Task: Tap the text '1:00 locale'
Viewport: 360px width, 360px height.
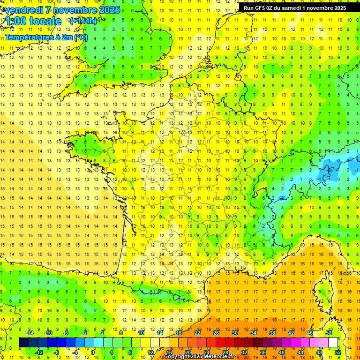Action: click(x=33, y=21)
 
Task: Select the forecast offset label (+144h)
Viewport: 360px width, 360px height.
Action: click(x=83, y=21)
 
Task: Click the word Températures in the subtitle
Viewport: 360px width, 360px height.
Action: click(x=28, y=37)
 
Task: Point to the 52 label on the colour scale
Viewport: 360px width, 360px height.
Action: click(x=337, y=352)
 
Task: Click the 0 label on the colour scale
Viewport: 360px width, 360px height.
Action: click(x=93, y=352)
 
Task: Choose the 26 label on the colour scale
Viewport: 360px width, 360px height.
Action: click(x=216, y=332)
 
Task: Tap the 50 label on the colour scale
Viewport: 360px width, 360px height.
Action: click(x=329, y=332)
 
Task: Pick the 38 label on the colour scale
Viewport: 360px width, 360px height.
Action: click(x=272, y=332)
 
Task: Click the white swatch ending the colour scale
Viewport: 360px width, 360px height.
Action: click(x=333, y=342)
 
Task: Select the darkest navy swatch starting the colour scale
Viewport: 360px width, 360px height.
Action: click(x=23, y=342)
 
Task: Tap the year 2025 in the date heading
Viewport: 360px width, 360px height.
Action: click(x=109, y=10)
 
